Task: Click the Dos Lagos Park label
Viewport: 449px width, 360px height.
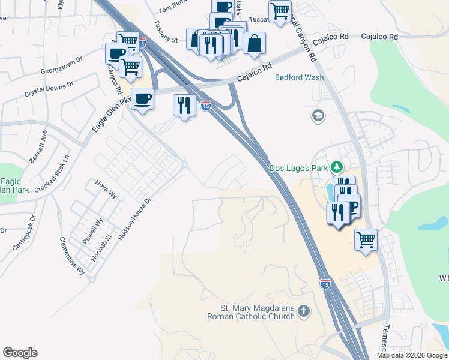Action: click(x=298, y=167)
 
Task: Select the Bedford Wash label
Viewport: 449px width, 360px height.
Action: click(x=299, y=77)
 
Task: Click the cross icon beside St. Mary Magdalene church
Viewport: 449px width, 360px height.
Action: click(x=304, y=311)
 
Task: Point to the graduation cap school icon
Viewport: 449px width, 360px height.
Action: click(x=318, y=115)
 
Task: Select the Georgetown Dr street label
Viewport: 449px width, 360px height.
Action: click(x=61, y=67)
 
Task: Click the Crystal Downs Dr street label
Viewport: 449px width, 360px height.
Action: click(x=49, y=88)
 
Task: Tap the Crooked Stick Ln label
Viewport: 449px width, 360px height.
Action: click(x=52, y=175)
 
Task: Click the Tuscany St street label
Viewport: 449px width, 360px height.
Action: click(x=167, y=41)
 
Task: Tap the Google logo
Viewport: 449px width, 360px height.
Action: click(x=20, y=353)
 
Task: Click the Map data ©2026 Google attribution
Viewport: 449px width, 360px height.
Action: click(x=412, y=355)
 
